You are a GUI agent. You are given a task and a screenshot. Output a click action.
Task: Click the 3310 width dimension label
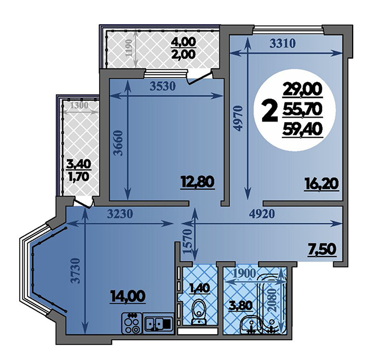(282, 44)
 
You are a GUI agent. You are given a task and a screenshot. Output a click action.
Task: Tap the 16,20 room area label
(321, 183)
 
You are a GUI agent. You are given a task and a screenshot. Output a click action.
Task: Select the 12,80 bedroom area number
(197, 182)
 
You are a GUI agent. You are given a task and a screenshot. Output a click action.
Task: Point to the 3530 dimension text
(163, 87)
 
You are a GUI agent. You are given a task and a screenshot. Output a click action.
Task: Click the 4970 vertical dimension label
(238, 118)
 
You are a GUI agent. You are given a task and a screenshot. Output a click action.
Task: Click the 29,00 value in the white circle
(303, 89)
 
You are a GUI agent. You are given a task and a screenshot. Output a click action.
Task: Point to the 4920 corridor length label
(262, 214)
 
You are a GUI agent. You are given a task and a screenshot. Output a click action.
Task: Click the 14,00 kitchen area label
(127, 296)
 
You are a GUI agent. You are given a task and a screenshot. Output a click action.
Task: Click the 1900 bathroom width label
(245, 273)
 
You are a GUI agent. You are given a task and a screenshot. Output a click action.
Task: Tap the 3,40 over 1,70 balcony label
(79, 170)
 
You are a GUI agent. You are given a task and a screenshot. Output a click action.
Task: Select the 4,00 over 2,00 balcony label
(183, 49)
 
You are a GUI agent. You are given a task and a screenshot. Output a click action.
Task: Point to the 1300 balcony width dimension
(79, 105)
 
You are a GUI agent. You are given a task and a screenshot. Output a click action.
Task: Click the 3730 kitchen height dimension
(76, 271)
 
